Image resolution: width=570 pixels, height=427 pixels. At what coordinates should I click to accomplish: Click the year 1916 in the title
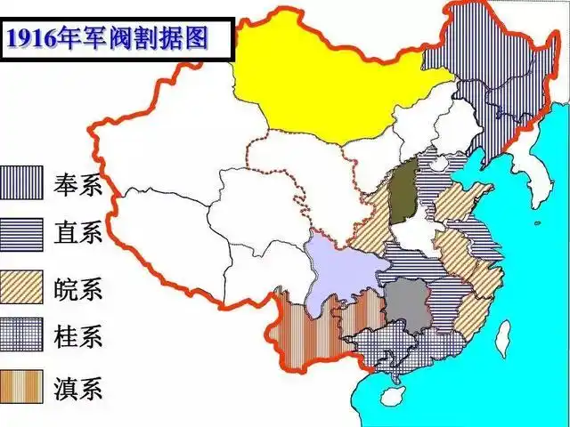(x=32, y=38)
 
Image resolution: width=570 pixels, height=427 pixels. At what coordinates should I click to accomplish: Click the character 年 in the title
(x=73, y=38)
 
